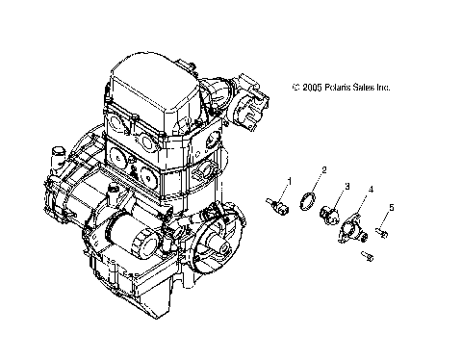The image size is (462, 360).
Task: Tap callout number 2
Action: coord(323,170)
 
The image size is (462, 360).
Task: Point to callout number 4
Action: coord(370,191)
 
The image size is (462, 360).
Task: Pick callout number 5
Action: coord(392,209)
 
